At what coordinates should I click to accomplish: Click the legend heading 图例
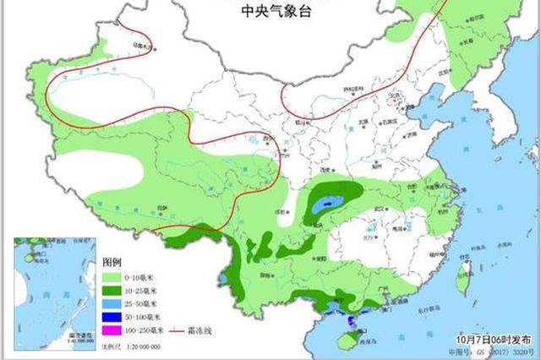[x=113, y=263]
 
